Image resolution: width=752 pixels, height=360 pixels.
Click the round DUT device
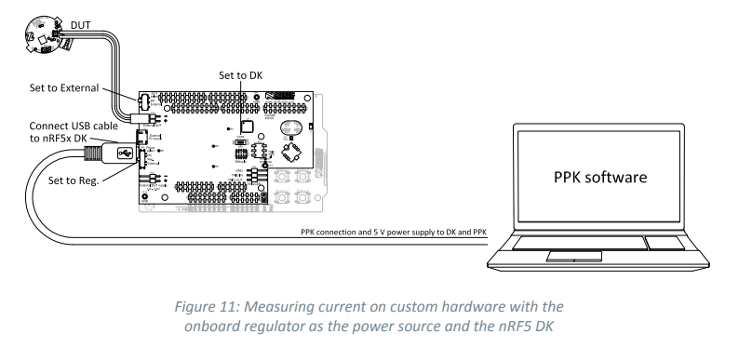40,36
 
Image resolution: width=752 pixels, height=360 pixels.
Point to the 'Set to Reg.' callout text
78,180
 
